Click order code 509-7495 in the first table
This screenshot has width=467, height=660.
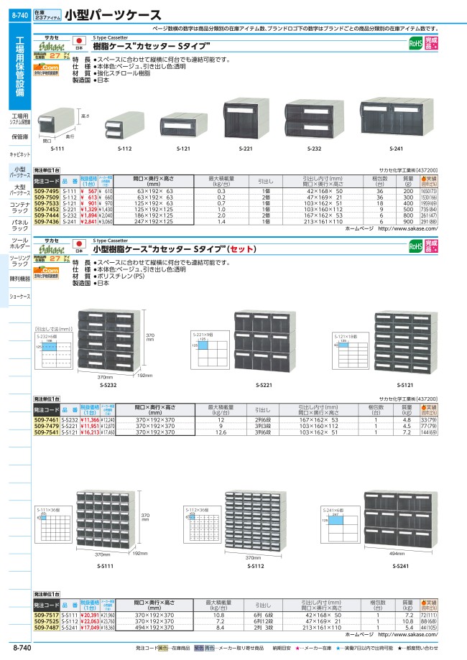(x=46, y=192)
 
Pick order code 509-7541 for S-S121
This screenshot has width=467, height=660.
(x=46, y=433)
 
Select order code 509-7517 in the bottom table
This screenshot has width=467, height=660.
(x=46, y=616)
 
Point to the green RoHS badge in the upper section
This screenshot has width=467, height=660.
(x=415, y=44)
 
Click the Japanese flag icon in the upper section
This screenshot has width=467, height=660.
(x=80, y=41)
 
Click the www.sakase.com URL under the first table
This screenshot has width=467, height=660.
(x=407, y=228)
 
